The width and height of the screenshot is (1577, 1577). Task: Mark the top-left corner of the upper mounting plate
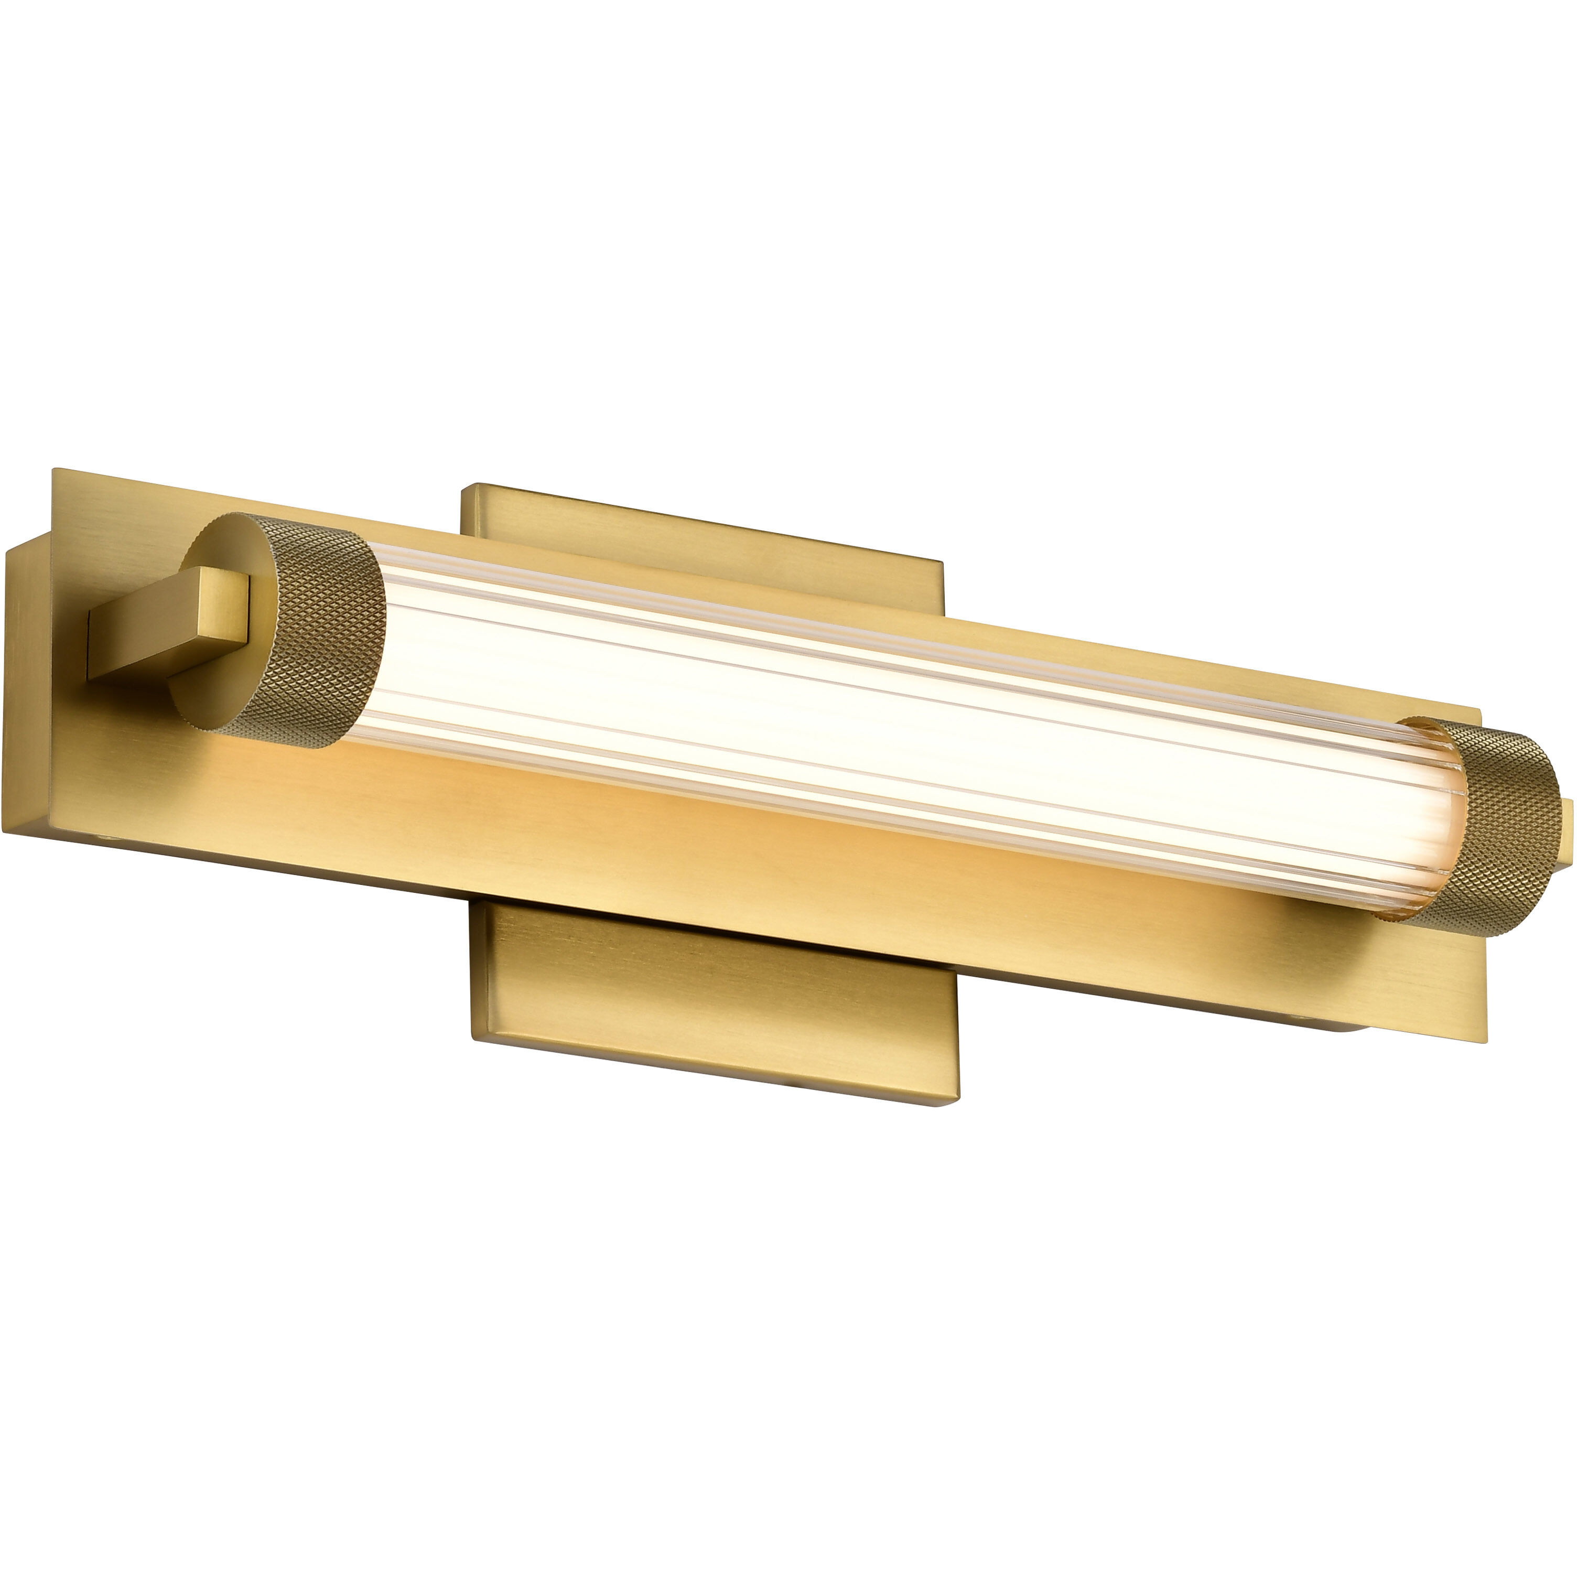tap(463, 487)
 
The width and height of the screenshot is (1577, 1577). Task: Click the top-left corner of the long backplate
tap(54, 470)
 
